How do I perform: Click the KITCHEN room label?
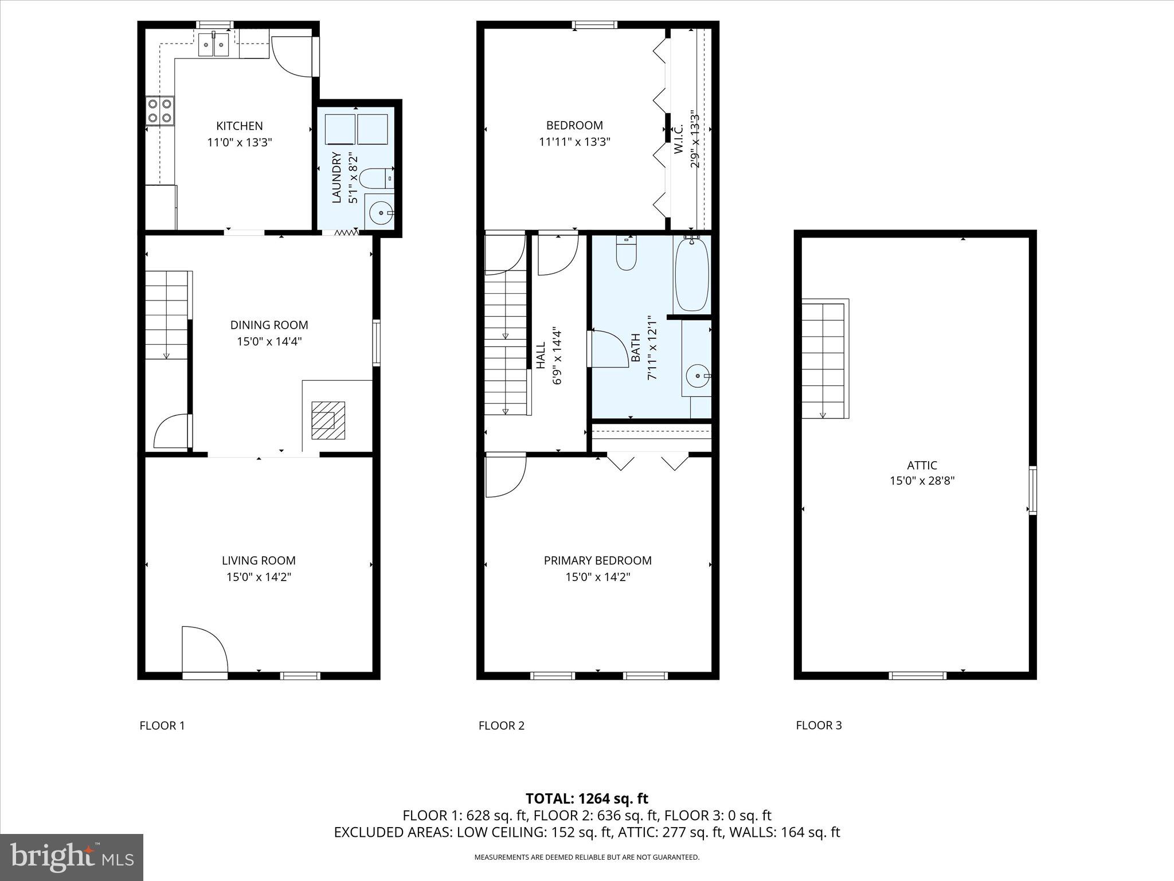[x=239, y=126]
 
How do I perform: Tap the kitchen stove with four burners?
[x=160, y=111]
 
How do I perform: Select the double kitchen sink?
[x=214, y=45]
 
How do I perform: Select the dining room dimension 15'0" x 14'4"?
[x=269, y=341]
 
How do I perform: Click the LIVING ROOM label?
[x=259, y=560]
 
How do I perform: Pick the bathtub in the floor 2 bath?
[x=692, y=275]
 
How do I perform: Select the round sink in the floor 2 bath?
[x=698, y=376]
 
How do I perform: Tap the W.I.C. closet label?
[x=679, y=139]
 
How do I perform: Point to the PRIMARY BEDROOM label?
[x=597, y=560]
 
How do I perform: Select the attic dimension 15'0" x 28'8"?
[x=922, y=481]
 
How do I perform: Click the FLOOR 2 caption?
[x=501, y=726]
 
